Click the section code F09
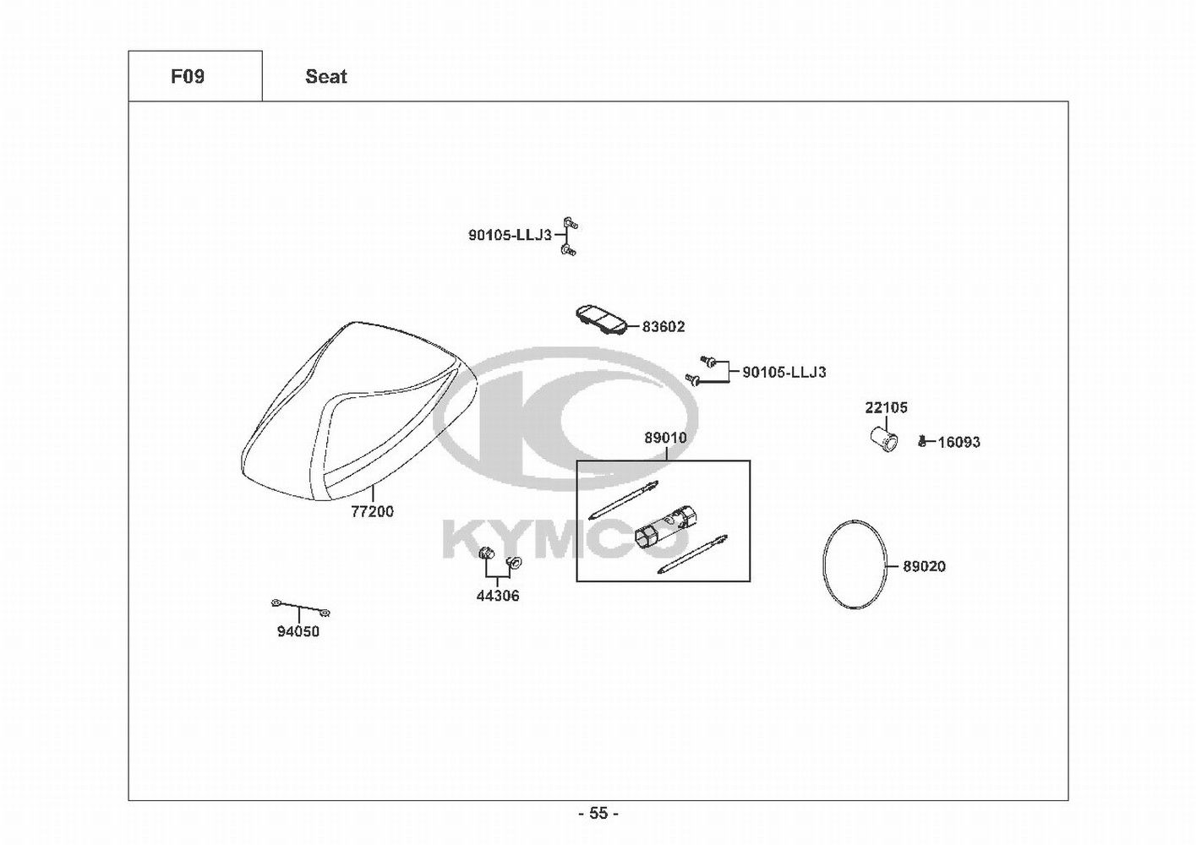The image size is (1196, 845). [188, 77]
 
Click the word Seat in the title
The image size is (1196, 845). [326, 77]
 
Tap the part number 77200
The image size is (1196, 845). [373, 511]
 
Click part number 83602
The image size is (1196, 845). [664, 327]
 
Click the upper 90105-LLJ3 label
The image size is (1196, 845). [510, 236]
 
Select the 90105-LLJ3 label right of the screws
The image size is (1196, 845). [784, 372]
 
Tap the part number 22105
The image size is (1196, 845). [886, 407]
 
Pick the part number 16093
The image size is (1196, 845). [959, 442]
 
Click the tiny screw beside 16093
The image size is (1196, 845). [923, 441]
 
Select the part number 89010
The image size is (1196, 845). [665, 439]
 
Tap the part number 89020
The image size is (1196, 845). [924, 566]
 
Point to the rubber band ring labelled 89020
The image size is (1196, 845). [855, 564]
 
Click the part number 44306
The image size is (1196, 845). [498, 596]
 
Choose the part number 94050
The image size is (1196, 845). [298, 631]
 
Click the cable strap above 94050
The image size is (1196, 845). [300, 607]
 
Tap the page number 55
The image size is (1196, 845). [598, 814]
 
